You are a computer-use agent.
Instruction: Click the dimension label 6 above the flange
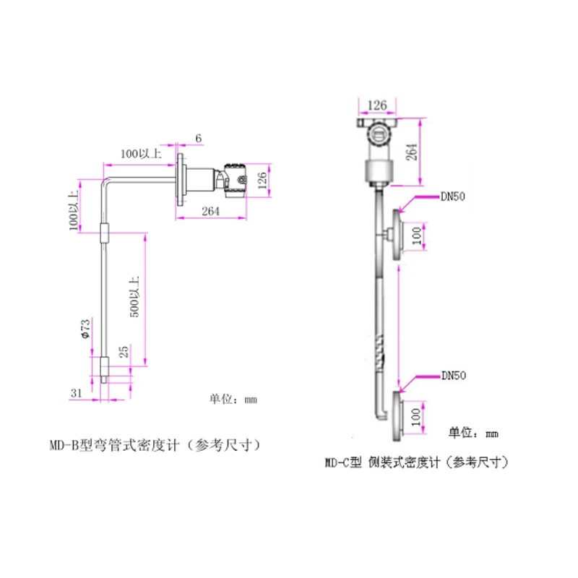pyautogui.click(x=198, y=138)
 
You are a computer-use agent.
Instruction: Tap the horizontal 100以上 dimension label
pyautogui.click(x=141, y=153)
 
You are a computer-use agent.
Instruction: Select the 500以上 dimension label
pyautogui.click(x=134, y=297)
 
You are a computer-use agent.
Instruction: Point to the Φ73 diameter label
pyautogui.click(x=85, y=329)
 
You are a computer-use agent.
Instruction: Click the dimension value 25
pyautogui.click(x=124, y=352)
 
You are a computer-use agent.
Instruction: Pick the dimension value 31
pyautogui.click(x=77, y=393)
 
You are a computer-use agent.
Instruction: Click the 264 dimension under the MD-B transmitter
pyautogui.click(x=210, y=211)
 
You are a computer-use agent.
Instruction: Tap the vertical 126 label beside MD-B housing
pyautogui.click(x=262, y=180)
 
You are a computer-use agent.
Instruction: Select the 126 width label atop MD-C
pyautogui.click(x=377, y=105)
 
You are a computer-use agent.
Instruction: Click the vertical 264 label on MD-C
pyautogui.click(x=411, y=152)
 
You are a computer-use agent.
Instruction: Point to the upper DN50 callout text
pyautogui.click(x=453, y=197)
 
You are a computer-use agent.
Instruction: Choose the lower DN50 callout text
pyautogui.click(x=454, y=376)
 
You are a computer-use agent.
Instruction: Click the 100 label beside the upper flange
pyautogui.click(x=417, y=236)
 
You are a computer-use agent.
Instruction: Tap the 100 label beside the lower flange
pyautogui.click(x=416, y=417)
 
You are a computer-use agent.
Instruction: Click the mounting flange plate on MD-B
pyautogui.click(x=181, y=179)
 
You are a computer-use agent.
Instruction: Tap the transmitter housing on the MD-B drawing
pyautogui.click(x=236, y=180)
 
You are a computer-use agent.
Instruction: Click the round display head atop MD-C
pyautogui.click(x=378, y=134)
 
